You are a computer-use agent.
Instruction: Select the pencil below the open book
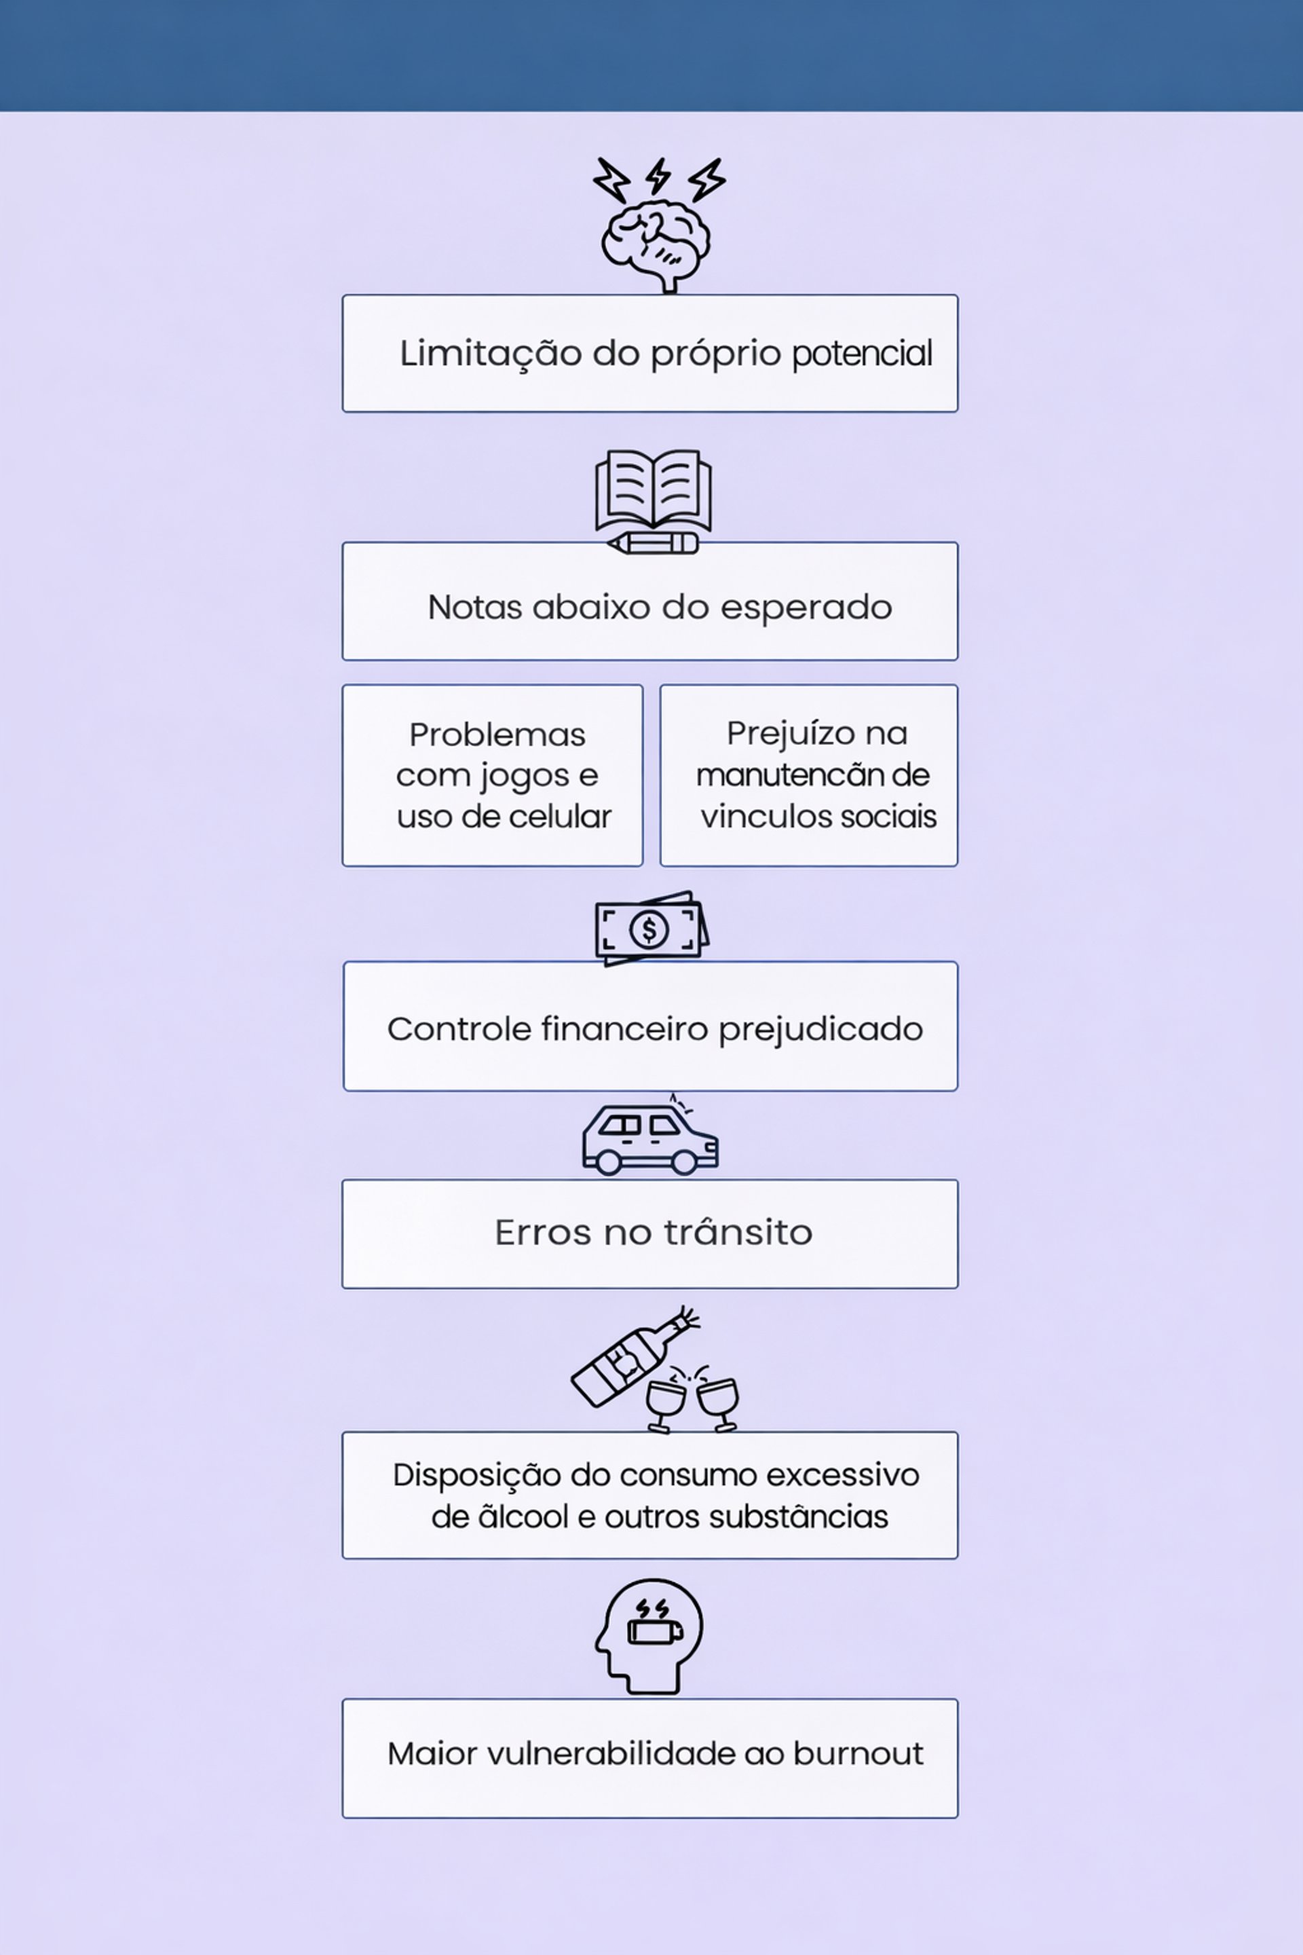pyautogui.click(x=652, y=544)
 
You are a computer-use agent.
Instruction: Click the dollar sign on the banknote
pyautogui.click(x=649, y=929)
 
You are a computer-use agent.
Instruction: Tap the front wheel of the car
pyautogui.click(x=683, y=1162)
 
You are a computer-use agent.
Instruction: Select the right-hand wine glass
pyautogui.click(x=718, y=1402)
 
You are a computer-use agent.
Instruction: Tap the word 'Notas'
pyautogui.click(x=474, y=608)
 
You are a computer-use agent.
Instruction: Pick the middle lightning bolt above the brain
pyautogui.click(x=659, y=176)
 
